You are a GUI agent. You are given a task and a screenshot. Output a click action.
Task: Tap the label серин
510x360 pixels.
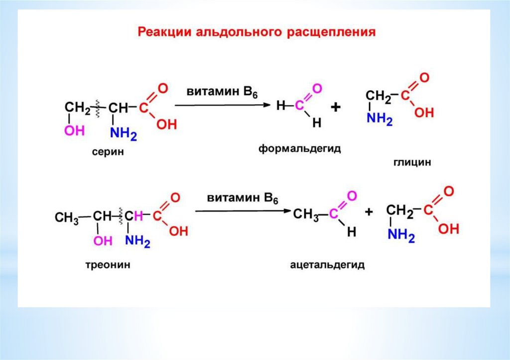click(x=107, y=152)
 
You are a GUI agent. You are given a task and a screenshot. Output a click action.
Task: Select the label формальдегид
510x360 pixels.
click(x=299, y=149)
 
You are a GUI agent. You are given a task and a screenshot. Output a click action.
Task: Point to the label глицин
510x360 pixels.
click(x=411, y=162)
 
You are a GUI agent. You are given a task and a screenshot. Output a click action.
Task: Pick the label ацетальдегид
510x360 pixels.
click(x=327, y=264)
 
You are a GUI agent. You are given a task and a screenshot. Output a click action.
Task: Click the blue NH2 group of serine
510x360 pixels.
click(x=123, y=133)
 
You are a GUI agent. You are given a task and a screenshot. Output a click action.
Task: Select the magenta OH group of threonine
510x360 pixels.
click(x=103, y=241)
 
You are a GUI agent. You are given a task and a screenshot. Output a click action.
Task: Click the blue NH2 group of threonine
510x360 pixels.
click(x=137, y=241)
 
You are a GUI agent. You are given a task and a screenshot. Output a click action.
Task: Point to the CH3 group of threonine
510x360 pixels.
click(x=66, y=218)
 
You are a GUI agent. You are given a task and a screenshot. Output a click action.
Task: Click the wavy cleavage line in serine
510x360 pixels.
click(x=99, y=109)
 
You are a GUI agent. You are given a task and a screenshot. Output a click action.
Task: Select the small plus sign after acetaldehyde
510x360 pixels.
click(x=369, y=212)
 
